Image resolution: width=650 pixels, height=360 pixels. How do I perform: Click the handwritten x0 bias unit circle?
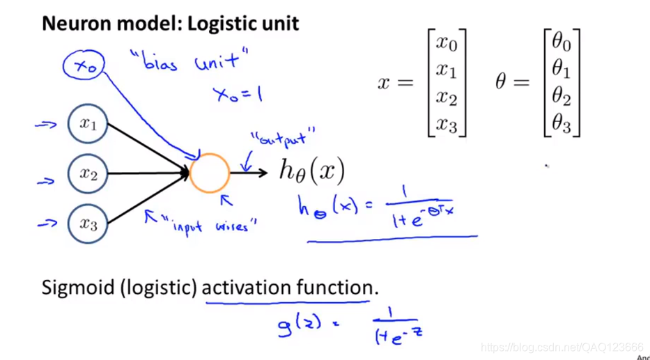(x=84, y=67)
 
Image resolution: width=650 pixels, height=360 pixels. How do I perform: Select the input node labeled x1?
(x=88, y=125)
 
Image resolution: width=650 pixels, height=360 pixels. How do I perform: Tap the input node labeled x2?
(x=88, y=174)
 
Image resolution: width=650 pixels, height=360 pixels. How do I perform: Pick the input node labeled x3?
(x=88, y=224)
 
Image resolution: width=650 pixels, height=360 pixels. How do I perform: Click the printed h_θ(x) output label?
(x=312, y=171)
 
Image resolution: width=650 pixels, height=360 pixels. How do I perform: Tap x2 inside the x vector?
(x=447, y=97)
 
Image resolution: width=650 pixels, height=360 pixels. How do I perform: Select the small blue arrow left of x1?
(x=46, y=125)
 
